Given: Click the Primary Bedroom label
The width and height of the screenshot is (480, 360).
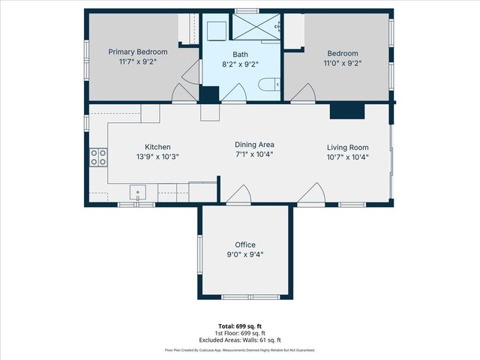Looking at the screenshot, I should [138, 52].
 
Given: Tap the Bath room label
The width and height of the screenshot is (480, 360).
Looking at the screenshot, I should [240, 54].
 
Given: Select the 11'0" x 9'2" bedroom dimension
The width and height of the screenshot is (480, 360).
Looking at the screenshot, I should [342, 64].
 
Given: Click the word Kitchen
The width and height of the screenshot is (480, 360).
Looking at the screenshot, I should [157, 147].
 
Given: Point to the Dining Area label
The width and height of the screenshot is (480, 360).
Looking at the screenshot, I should [255, 145].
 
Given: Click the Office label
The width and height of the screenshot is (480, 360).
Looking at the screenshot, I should [245, 244].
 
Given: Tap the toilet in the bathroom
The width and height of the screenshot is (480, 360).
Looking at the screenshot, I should [268, 85].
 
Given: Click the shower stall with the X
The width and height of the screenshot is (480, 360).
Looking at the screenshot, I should [256, 25].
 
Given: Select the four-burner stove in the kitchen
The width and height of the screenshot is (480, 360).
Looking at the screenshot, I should [98, 157].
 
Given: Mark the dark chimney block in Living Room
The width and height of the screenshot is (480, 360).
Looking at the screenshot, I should [346, 110].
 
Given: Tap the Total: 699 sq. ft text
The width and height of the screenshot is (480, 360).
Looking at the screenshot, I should [239, 326].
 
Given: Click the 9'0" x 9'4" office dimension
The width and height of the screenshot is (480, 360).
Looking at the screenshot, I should [245, 254].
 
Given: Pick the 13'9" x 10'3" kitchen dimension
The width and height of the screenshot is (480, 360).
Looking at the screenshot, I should [157, 157].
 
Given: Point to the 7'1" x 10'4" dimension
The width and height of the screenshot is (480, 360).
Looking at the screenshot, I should [255, 154].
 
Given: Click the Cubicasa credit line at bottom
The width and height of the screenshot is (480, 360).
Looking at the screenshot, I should [239, 350].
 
